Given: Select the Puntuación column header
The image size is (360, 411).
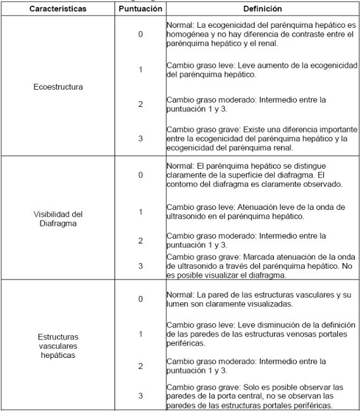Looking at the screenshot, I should pyautogui.click(x=140, y=9).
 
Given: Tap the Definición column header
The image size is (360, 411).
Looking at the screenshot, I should pyautogui.click(x=262, y=9).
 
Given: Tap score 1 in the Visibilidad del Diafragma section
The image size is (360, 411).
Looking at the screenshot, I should pyautogui.click(x=140, y=212).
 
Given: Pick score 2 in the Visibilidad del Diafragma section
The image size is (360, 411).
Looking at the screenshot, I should pyautogui.click(x=140, y=240).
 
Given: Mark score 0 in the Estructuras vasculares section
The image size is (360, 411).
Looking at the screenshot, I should pyautogui.click(x=140, y=298).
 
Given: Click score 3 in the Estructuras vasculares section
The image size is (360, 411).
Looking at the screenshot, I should pyautogui.click(x=140, y=395).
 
